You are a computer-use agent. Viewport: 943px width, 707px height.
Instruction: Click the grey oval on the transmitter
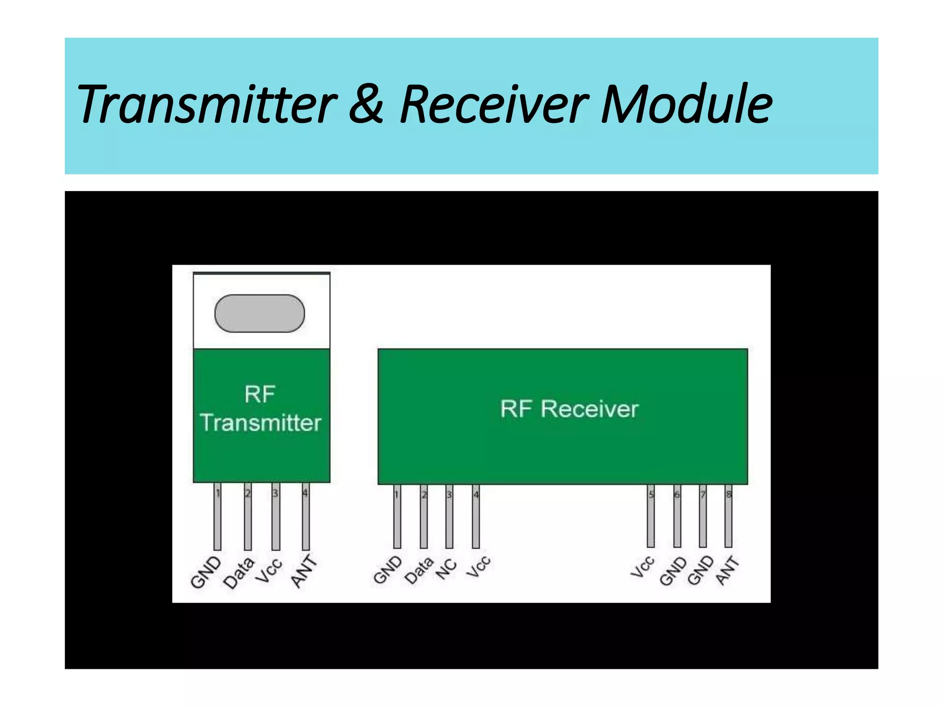260,313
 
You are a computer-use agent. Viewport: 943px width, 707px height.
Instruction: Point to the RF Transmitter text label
261,409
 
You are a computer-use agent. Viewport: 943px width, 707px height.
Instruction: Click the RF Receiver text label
569,409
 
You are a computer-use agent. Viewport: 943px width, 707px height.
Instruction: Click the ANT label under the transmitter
304,572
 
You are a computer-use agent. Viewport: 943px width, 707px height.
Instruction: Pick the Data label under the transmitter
239,573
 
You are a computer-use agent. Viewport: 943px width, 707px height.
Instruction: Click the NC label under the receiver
446,569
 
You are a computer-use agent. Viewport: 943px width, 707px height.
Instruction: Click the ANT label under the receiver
727,571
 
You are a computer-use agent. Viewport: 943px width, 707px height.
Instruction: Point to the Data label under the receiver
419,570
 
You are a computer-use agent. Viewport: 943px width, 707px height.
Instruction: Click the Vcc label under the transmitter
269,571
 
